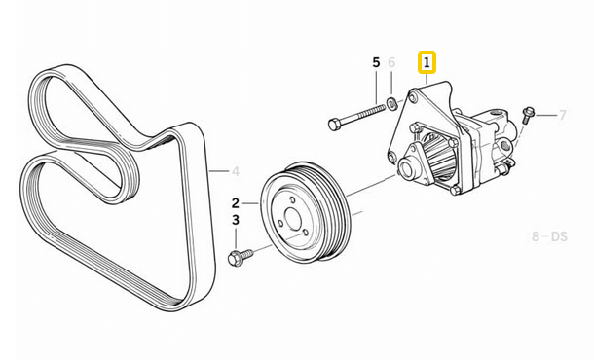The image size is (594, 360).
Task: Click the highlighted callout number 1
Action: (x=426, y=64)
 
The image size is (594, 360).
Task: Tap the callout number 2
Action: (x=235, y=203)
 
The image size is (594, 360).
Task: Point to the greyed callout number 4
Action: (x=235, y=172)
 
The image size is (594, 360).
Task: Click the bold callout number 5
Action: (x=376, y=63)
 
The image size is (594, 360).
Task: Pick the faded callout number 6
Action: (x=392, y=63)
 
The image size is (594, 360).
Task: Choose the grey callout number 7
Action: (x=562, y=116)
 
